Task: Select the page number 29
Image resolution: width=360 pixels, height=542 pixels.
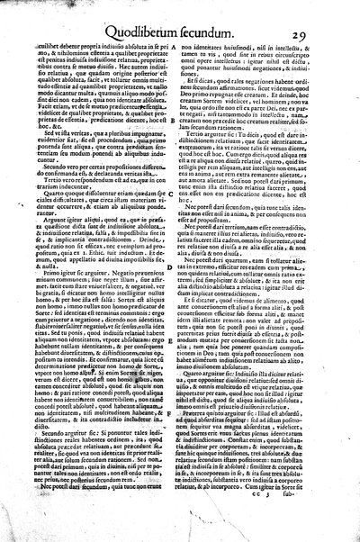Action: (x=328, y=13)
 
